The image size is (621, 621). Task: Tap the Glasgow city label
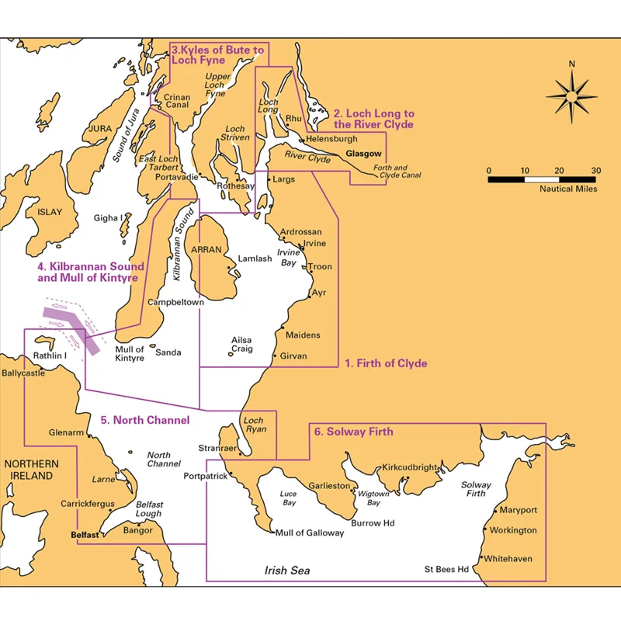click(x=364, y=154)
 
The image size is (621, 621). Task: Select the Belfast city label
click(x=84, y=535)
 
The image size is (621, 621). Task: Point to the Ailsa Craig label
click(x=242, y=344)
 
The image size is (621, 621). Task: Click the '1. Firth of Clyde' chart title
click(x=386, y=363)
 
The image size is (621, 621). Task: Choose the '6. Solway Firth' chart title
click(x=352, y=432)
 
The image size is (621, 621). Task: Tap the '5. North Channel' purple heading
click(x=145, y=421)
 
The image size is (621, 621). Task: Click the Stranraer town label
click(x=212, y=448)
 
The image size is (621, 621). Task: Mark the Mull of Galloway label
click(x=310, y=533)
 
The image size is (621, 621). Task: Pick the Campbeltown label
click(x=175, y=301)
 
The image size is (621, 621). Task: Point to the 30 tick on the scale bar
click(x=595, y=171)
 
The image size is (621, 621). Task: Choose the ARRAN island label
click(x=206, y=250)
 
